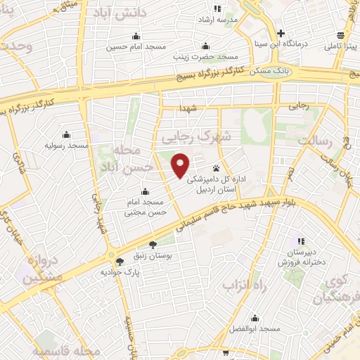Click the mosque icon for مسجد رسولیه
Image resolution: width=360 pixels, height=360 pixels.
(x=67, y=134)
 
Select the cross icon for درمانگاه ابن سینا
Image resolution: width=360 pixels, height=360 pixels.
(x=281, y=33)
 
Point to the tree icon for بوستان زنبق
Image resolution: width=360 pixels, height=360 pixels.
(x=153, y=246)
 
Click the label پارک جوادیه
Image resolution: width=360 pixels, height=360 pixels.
(x=117, y=271)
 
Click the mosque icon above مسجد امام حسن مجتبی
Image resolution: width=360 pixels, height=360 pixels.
(x=145, y=192)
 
